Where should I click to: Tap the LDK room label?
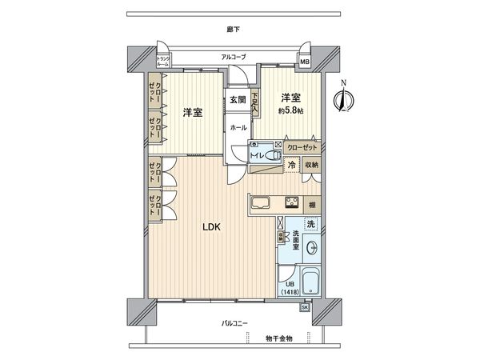[x=212, y=226]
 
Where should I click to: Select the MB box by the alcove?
[x=305, y=62]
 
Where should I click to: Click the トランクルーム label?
[x=162, y=62]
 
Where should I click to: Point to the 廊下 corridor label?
[x=233, y=30]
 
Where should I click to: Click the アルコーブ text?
[x=234, y=57]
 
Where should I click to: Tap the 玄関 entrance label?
[x=238, y=100]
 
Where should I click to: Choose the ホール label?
[x=238, y=128]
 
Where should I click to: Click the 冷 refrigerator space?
[x=293, y=165]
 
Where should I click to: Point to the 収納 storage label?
[x=310, y=165]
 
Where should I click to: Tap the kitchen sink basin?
[x=261, y=203]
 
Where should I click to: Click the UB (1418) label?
[x=288, y=287]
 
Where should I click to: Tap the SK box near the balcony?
[x=305, y=306]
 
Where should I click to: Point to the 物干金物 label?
[x=278, y=338]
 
